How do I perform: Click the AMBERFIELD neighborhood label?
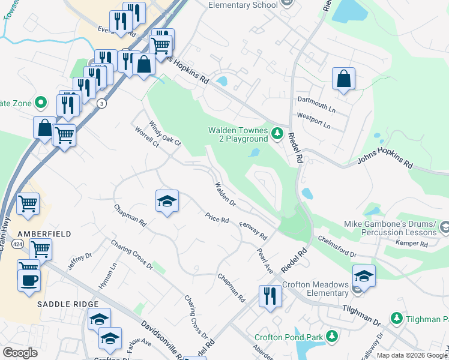coord(35,233)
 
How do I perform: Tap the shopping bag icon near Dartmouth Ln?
coord(343,79)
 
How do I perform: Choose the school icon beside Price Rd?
coord(167,201)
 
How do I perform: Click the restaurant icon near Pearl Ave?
coord(270,296)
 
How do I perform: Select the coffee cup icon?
coord(29,281)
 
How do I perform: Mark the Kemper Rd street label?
coord(411,244)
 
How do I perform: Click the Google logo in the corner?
coord(20,352)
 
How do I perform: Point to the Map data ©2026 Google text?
coord(412,355)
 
